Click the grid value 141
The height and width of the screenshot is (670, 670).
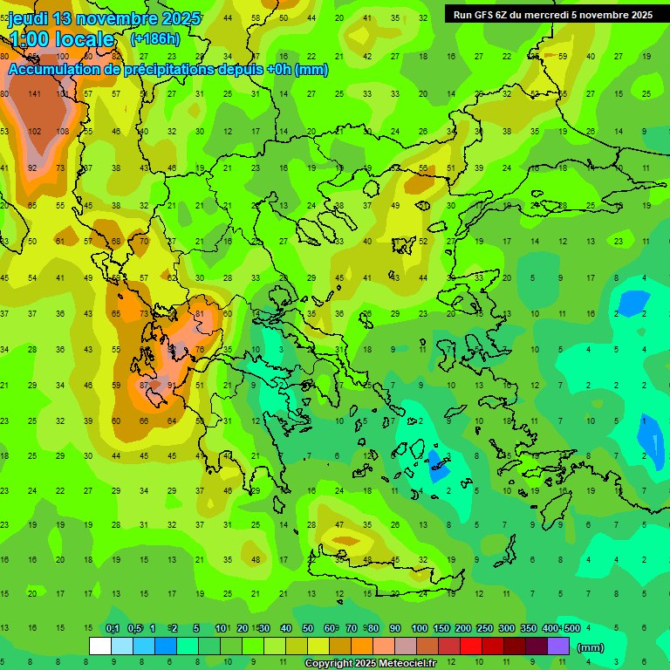(35, 94)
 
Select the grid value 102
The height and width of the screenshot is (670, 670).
(35, 131)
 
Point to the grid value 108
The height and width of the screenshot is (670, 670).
(63, 131)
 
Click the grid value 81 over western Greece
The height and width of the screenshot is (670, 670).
(200, 313)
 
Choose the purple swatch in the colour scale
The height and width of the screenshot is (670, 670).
(558, 646)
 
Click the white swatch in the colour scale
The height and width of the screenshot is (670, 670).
(100, 646)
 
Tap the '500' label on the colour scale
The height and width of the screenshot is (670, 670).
(571, 629)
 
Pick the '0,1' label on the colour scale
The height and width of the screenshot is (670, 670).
(113, 629)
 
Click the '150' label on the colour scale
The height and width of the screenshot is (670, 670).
(441, 629)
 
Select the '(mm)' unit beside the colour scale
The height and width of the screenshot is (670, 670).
(591, 647)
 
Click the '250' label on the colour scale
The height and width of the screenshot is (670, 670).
(484, 629)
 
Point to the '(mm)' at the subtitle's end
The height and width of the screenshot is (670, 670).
(311, 70)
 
